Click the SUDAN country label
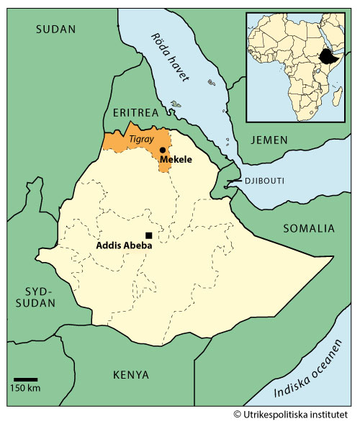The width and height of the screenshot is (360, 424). [56, 30]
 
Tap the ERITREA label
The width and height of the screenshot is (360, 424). [135, 112]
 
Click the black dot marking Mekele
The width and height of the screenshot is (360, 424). [163, 150]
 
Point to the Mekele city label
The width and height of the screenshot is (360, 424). [176, 159]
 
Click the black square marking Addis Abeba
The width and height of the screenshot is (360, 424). [149, 235]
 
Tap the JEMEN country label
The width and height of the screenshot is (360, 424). [270, 140]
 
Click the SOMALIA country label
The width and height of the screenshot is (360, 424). [308, 228]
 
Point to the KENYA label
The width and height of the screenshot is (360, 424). [131, 375]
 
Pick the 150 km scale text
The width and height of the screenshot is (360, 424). [25, 389]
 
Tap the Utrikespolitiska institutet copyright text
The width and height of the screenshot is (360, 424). [295, 415]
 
